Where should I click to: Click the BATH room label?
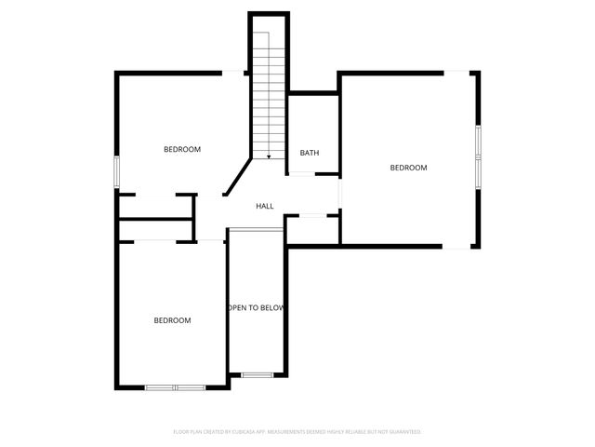(x=310, y=153)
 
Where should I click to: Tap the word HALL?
(x=265, y=206)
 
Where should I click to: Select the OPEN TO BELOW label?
(x=257, y=307)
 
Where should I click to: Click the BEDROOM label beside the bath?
(x=408, y=168)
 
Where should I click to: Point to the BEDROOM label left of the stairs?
(x=182, y=149)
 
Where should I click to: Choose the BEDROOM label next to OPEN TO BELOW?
(x=172, y=320)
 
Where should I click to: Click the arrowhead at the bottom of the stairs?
(x=269, y=156)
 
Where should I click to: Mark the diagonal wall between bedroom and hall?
(x=237, y=177)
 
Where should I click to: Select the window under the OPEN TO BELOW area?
(x=258, y=374)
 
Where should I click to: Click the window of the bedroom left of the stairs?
(x=117, y=171)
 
